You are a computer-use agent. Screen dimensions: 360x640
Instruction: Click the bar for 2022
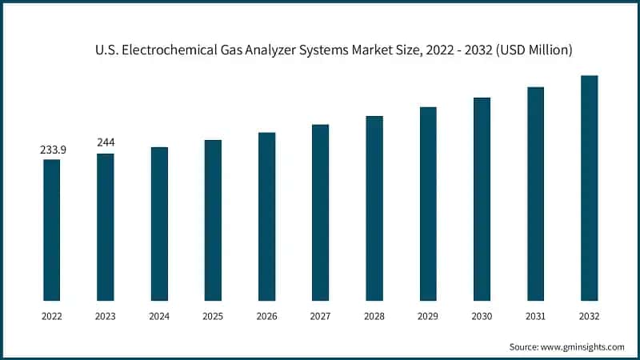(x=51, y=230)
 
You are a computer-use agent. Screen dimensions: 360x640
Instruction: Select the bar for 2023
(x=106, y=227)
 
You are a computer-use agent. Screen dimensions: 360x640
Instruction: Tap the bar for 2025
(x=213, y=221)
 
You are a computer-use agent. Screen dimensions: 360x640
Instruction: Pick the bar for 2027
(x=320, y=213)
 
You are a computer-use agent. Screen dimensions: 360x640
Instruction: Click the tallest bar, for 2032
(x=589, y=188)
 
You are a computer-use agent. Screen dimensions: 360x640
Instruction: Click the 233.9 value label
(x=52, y=150)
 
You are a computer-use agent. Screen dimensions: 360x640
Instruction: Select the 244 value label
(x=106, y=142)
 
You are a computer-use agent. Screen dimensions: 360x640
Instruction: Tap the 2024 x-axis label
(x=159, y=317)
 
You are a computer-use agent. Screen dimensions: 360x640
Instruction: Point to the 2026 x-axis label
(x=266, y=317)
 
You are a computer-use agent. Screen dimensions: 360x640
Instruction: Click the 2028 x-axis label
(x=374, y=317)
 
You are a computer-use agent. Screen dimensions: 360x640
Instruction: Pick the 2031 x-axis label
(x=535, y=317)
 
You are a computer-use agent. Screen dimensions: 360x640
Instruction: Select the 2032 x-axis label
(x=589, y=317)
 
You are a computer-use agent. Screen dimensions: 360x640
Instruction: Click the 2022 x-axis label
(x=52, y=317)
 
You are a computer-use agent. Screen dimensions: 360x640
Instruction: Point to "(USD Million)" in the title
(x=531, y=50)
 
